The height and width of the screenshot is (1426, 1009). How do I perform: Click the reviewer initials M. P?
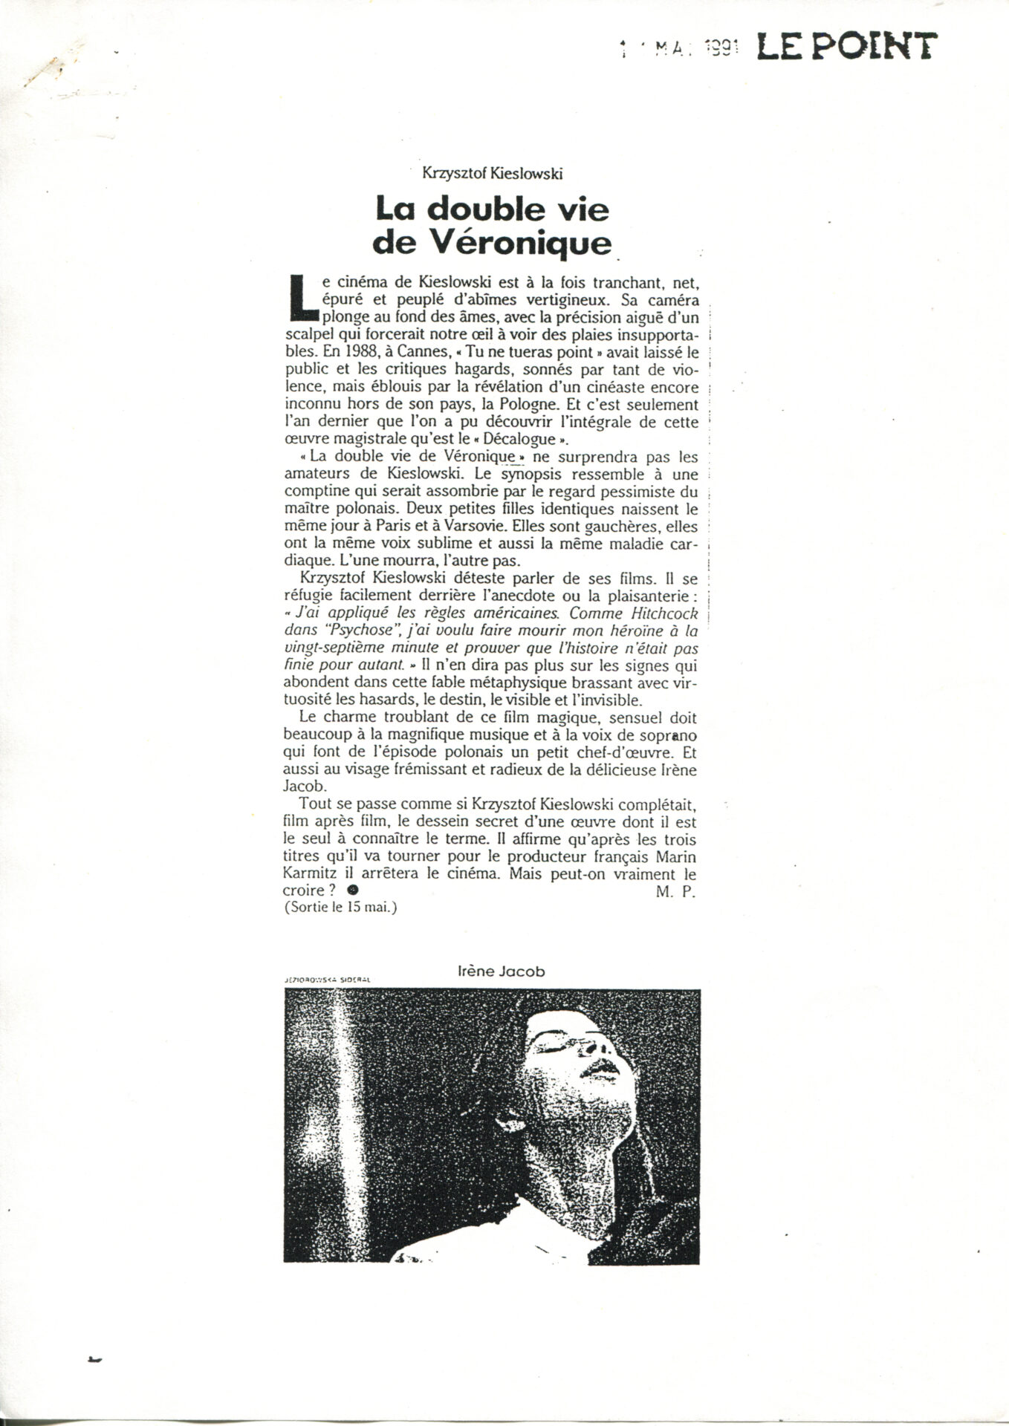pos(675,893)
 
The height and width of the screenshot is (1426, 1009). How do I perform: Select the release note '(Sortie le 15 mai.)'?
pos(340,908)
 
